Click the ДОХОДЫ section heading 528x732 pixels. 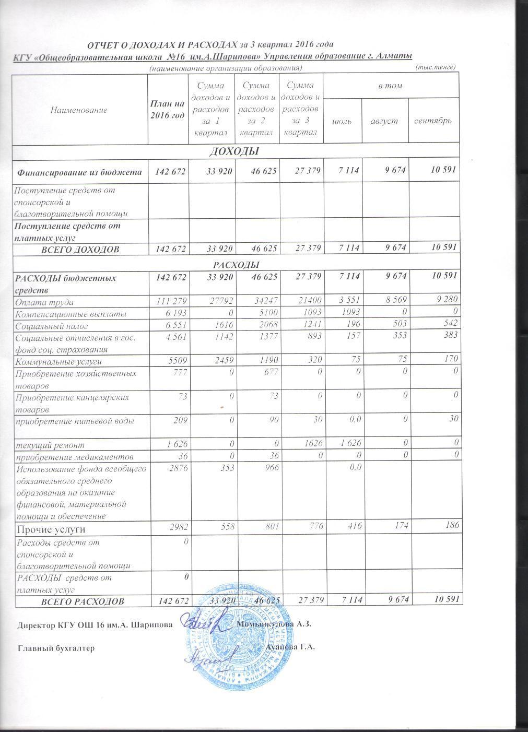click(x=234, y=151)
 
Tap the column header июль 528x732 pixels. click(x=343, y=121)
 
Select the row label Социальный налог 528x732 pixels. click(x=52, y=326)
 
